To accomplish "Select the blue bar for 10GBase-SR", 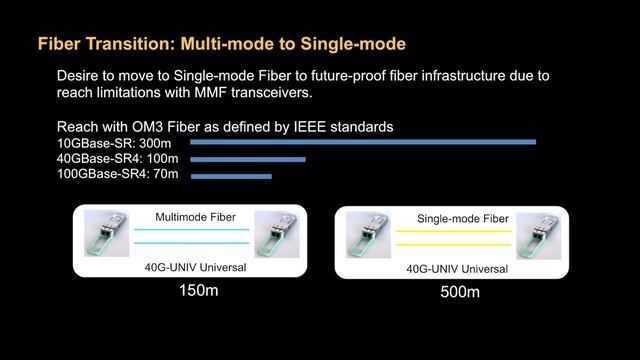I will tap(363, 142).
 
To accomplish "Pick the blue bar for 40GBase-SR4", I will tap(248, 159).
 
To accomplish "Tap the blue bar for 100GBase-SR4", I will tap(231, 176).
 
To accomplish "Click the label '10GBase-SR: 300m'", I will tap(114, 143).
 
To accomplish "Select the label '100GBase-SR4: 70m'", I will tap(118, 175).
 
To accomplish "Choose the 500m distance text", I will tap(460, 292).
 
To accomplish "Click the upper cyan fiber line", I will tap(191, 230).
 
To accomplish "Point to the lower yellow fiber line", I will tap(455, 244).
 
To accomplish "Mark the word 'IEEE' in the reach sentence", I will tap(303, 127).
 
